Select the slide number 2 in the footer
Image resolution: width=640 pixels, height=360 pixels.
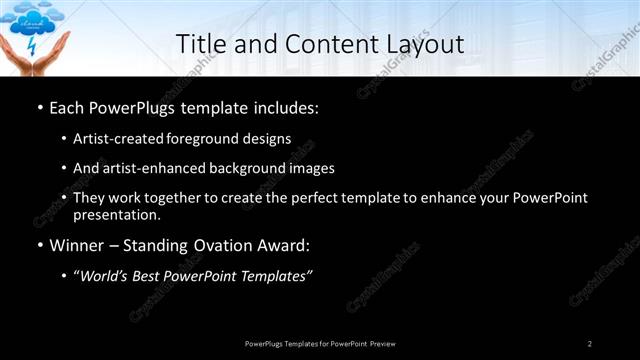590,343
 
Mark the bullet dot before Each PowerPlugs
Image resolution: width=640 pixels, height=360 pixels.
39,106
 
